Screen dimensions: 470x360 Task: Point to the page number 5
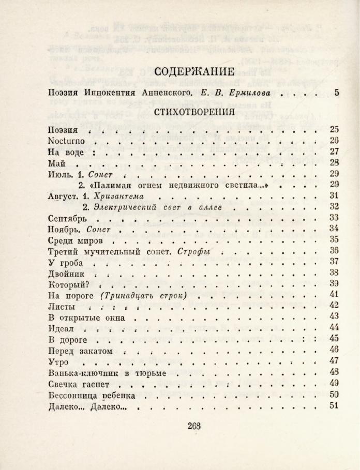[336, 94]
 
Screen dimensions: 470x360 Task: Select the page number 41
[334, 295]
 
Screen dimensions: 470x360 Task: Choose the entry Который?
[69, 284]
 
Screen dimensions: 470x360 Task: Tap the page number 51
[334, 405]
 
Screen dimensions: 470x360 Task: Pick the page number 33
[334, 218]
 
